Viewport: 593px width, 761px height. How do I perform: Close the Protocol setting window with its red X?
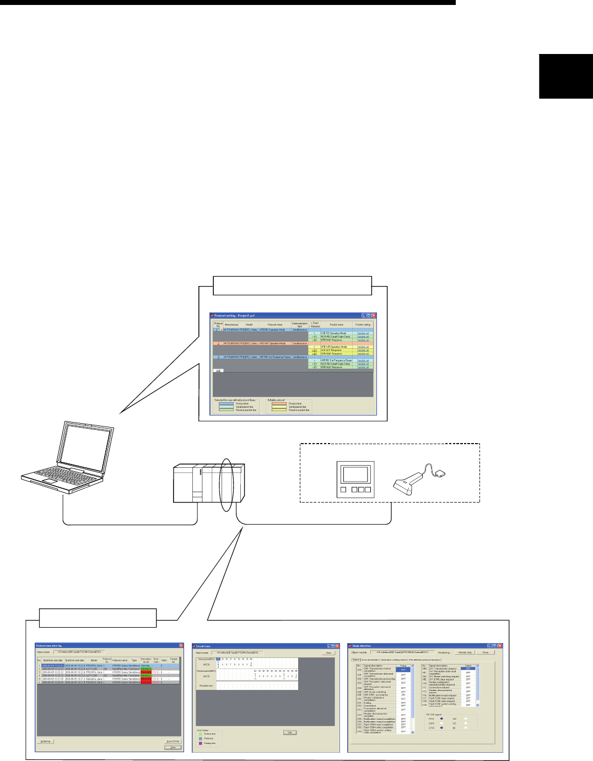(x=374, y=316)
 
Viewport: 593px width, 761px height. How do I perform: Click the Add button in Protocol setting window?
(x=218, y=370)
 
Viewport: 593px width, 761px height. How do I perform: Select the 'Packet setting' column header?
(x=363, y=325)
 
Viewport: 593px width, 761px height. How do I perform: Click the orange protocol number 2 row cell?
(x=218, y=343)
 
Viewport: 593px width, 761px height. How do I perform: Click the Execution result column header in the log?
(x=145, y=660)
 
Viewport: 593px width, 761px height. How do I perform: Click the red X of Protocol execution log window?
(x=181, y=645)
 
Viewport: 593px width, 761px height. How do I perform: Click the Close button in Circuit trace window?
(x=328, y=652)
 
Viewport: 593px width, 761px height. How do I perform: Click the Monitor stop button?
(x=465, y=652)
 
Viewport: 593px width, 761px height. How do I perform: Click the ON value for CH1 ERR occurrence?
(x=403, y=695)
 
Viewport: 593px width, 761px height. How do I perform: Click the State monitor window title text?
(x=362, y=646)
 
